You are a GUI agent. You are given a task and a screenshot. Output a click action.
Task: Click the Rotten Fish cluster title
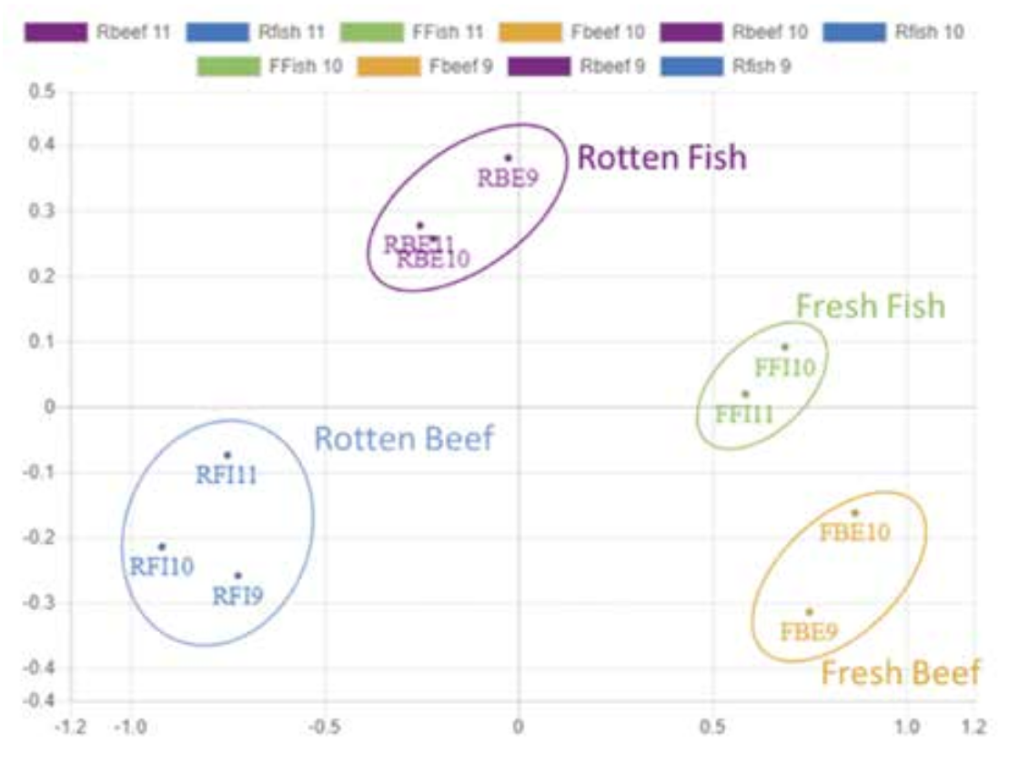pos(661,158)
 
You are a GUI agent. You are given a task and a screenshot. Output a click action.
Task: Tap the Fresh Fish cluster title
pos(871,307)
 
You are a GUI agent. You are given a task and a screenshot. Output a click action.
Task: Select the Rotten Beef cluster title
pos(403,439)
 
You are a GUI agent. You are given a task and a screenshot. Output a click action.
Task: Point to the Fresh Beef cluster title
pos(901,673)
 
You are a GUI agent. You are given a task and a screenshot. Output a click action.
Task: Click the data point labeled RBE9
pos(509,158)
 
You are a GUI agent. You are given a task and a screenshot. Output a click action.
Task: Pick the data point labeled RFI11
pos(227,455)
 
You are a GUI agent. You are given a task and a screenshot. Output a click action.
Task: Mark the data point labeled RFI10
pos(162,547)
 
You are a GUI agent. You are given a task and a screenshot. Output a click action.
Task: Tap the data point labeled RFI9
pos(238,576)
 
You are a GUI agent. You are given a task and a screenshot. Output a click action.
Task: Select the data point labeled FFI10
pos(785,347)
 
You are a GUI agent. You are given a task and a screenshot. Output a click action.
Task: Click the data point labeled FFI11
pos(745,394)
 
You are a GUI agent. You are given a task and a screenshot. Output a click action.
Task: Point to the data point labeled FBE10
pos(854,513)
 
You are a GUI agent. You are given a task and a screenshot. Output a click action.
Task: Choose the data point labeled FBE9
pos(809,612)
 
